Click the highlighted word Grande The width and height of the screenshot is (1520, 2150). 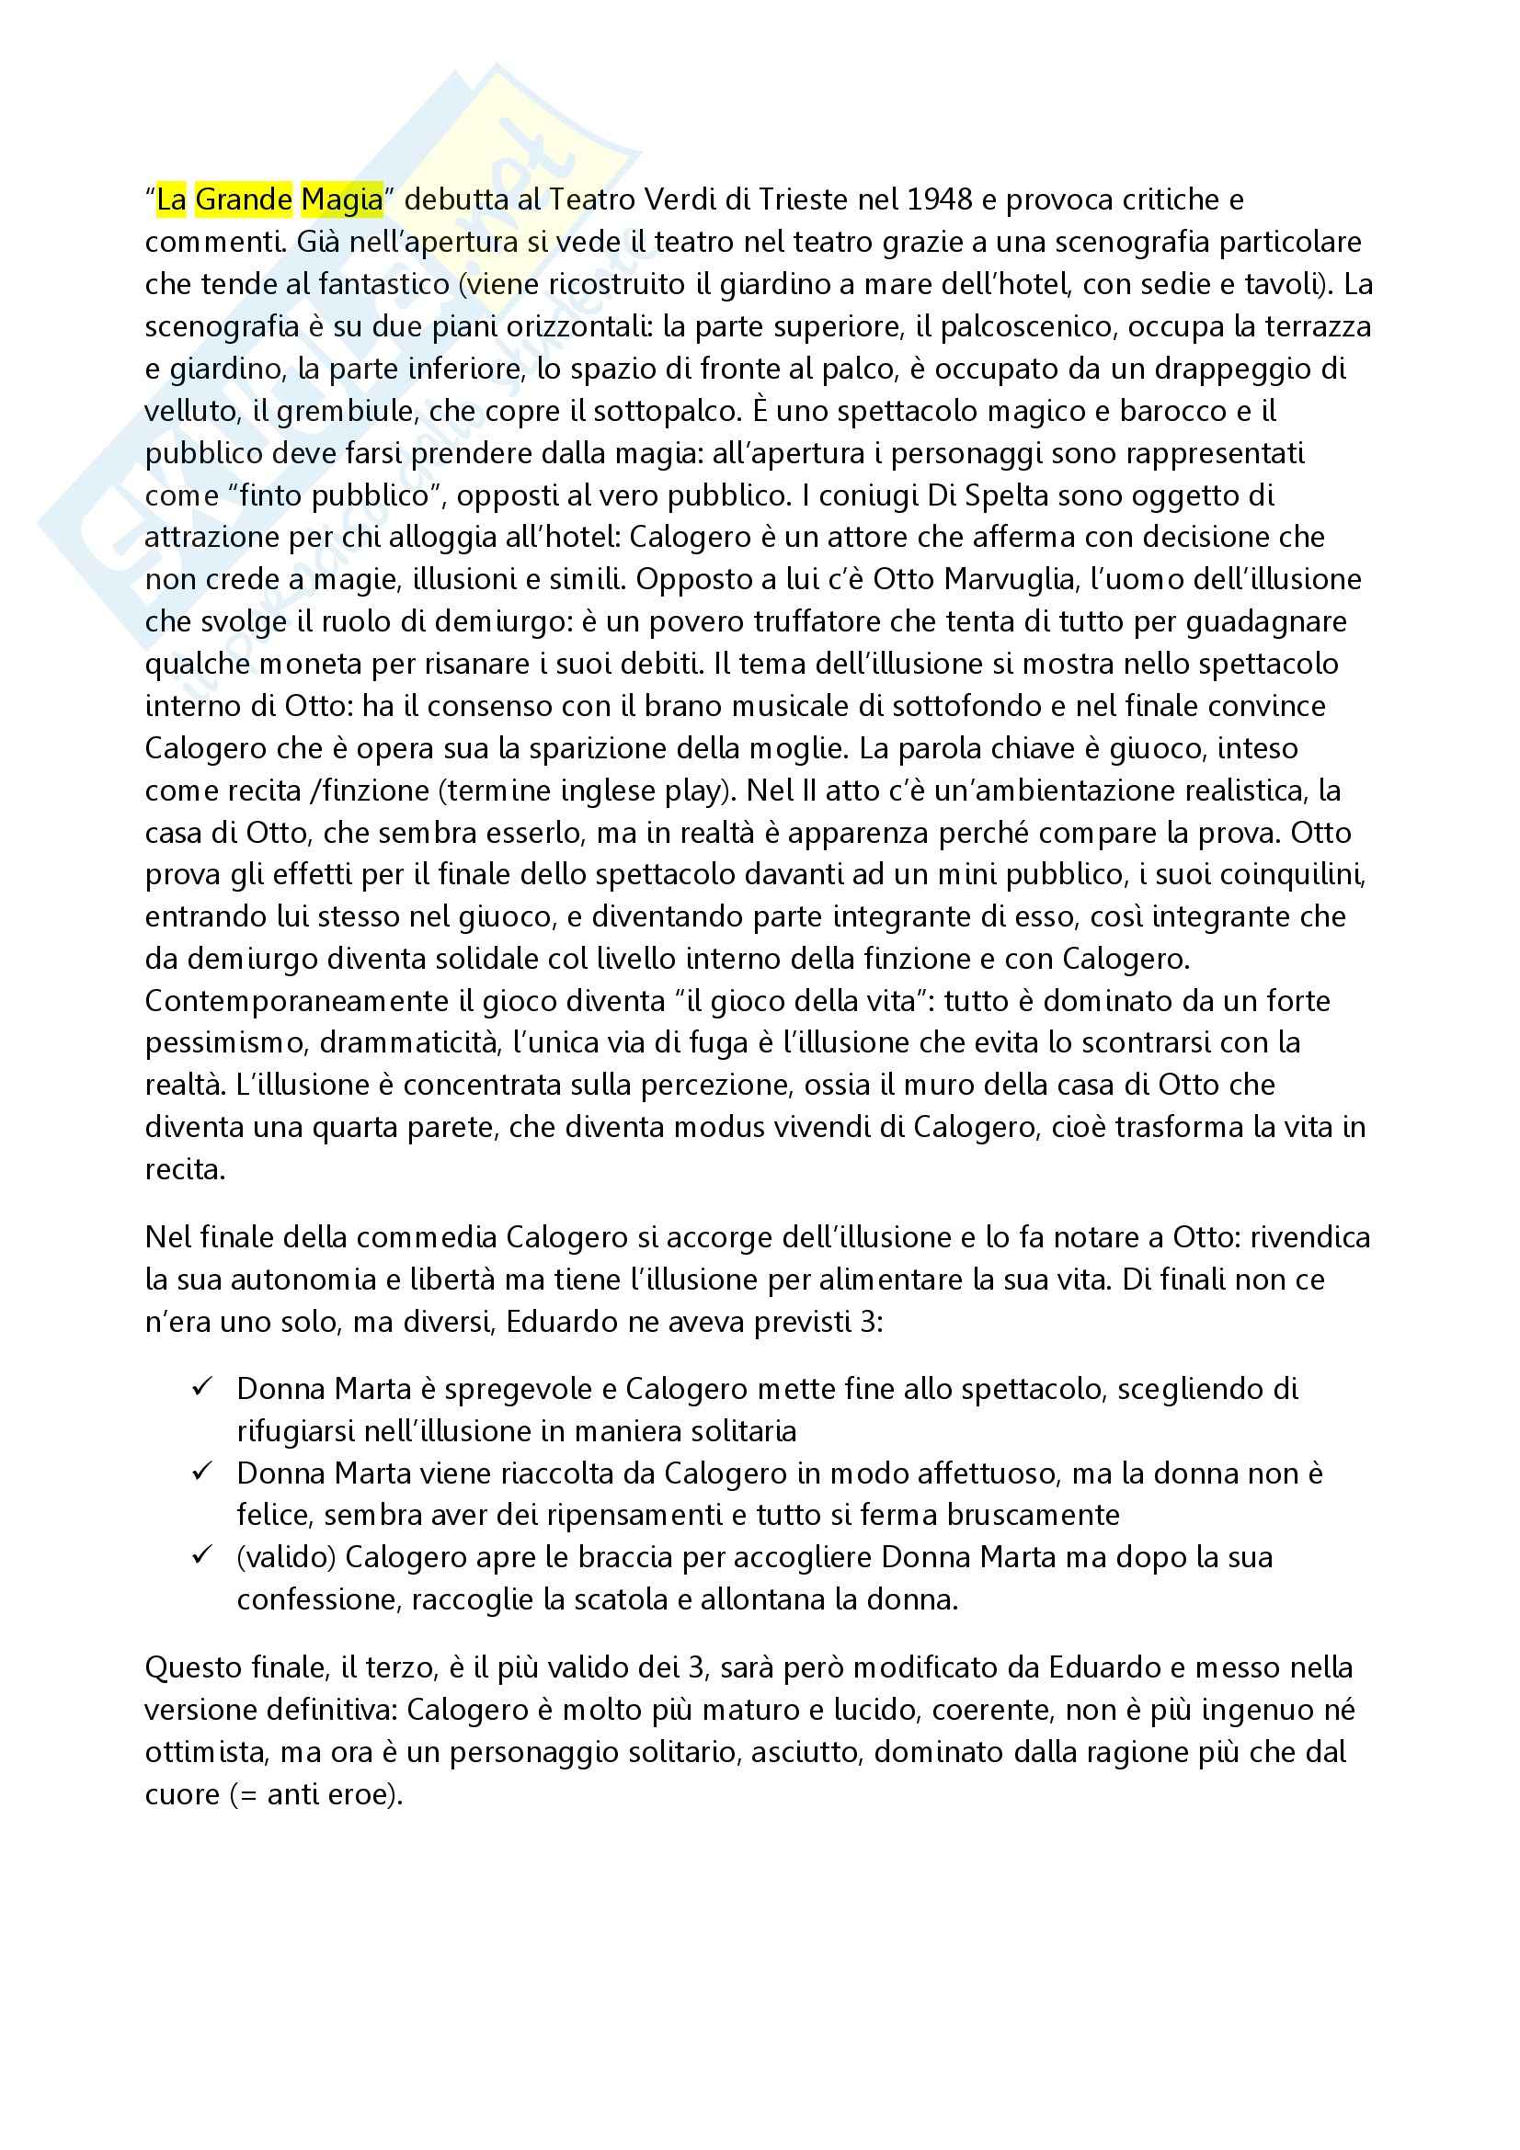(x=244, y=200)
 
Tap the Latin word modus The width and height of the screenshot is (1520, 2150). (x=726, y=1128)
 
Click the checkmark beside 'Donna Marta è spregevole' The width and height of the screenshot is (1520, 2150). (x=202, y=1388)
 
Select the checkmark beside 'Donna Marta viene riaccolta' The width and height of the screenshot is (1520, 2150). (x=202, y=1472)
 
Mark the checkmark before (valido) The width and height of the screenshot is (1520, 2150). (x=202, y=1556)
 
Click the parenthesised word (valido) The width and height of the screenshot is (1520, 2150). (x=287, y=1557)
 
